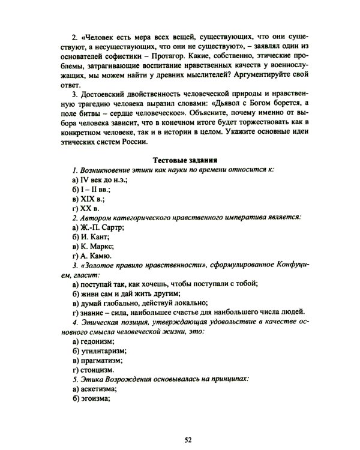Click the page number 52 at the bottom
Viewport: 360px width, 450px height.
click(187, 440)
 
